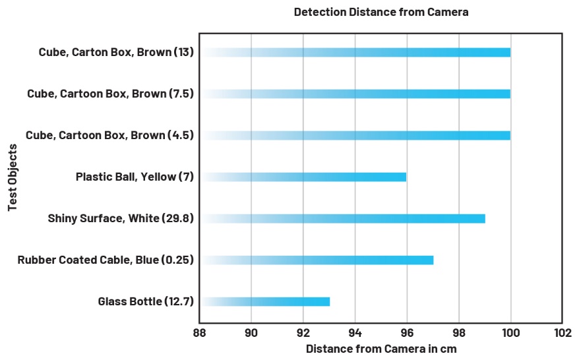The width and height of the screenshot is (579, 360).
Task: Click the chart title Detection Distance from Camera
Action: tap(381, 12)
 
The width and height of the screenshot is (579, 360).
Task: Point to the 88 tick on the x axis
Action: tap(199, 333)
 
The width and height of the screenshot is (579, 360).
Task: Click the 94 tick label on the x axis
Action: tap(355, 333)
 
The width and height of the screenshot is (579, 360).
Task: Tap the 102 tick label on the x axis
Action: tap(562, 333)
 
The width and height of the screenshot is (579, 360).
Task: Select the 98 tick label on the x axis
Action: tap(458, 333)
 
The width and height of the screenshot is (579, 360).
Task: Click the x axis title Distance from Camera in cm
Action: tap(381, 349)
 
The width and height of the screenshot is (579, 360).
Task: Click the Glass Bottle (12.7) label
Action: tap(146, 301)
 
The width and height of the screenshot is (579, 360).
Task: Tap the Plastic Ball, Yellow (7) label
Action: tap(135, 177)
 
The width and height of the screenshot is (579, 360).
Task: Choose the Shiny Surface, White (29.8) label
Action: tap(121, 218)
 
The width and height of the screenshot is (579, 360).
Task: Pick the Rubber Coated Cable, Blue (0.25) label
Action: tap(106, 260)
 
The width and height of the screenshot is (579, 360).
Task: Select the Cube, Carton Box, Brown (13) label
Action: tap(116, 52)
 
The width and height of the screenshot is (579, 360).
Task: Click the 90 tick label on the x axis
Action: tap(251, 333)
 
